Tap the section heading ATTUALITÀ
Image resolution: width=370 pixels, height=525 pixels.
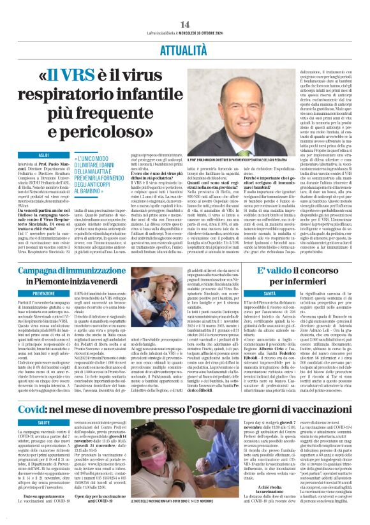184,32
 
